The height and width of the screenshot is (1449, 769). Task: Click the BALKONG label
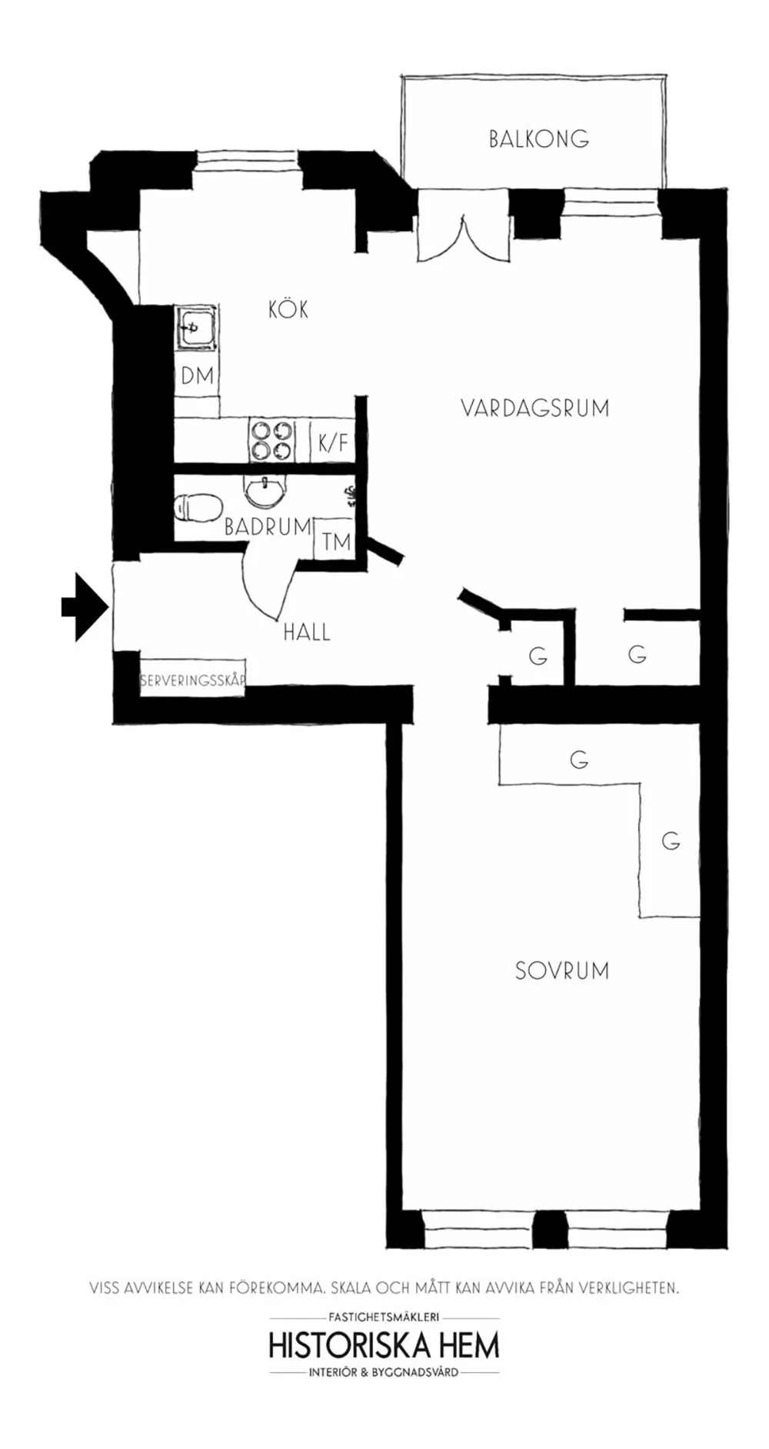(538, 139)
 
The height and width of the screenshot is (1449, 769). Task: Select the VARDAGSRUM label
(535, 408)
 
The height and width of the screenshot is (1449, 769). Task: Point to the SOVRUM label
(562, 970)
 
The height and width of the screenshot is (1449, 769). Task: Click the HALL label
(307, 633)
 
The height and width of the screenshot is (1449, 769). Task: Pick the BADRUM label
(268, 527)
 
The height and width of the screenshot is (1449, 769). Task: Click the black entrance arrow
(85, 606)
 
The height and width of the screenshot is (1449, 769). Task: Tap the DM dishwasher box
(197, 376)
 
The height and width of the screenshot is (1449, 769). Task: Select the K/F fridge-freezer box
(333, 442)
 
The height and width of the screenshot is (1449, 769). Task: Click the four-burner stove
(271, 441)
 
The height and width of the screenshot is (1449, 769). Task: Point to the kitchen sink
(196, 329)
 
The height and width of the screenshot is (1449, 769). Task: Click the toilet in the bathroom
(198, 507)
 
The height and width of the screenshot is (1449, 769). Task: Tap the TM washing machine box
(336, 542)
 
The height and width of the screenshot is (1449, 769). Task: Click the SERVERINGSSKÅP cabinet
(192, 679)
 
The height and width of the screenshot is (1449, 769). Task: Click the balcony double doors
(464, 230)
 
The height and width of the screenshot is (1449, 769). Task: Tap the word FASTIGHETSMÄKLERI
(384, 1317)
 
